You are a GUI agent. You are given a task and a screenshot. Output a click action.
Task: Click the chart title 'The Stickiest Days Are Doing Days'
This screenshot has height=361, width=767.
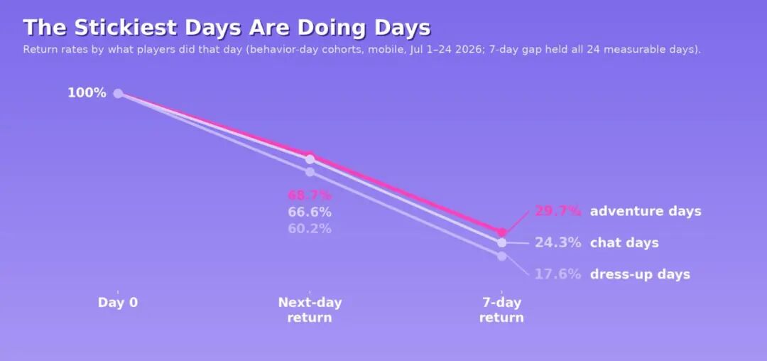coord(227,28)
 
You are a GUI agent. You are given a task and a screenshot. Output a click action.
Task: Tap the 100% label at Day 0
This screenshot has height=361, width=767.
coord(87,92)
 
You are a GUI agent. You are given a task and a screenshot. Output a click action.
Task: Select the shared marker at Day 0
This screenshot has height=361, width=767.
coord(118,93)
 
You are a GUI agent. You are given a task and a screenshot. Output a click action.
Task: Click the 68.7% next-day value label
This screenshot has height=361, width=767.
coord(310,195)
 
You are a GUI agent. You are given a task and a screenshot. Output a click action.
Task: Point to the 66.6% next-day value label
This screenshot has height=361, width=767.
coord(310,212)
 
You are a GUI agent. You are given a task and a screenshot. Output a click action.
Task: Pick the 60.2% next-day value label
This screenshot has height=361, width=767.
coord(310,228)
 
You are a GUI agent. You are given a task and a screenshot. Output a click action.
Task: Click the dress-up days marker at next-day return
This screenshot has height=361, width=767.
coord(310,172)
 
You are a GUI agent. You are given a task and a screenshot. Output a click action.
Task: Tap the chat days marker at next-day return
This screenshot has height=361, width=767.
coord(310,159)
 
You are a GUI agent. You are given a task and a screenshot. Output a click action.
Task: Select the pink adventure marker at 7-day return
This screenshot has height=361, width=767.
coord(501,232)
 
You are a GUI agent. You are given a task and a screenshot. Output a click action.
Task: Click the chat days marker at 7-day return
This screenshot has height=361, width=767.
coord(501,242)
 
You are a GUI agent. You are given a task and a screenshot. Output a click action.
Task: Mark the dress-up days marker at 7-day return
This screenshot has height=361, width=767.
coord(501,256)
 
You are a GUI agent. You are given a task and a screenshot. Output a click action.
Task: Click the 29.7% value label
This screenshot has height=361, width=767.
coord(557,211)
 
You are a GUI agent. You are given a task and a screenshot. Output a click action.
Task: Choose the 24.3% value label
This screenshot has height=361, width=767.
coord(557,242)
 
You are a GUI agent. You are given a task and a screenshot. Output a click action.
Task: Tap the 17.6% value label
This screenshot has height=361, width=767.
coord(557,274)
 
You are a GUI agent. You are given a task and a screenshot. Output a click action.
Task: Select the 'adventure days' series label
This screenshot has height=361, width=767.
coord(646,212)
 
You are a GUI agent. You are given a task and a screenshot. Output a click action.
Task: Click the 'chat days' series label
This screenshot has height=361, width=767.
coord(624,243)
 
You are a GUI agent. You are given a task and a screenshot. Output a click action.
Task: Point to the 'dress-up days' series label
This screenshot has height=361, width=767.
coord(641,274)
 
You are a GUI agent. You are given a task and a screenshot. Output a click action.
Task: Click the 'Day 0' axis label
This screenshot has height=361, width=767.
coord(118,302)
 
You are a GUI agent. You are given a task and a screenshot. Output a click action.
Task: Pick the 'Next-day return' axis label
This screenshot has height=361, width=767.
coord(310,310)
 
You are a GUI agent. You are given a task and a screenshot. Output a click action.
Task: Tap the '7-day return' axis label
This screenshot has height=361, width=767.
coord(501,310)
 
